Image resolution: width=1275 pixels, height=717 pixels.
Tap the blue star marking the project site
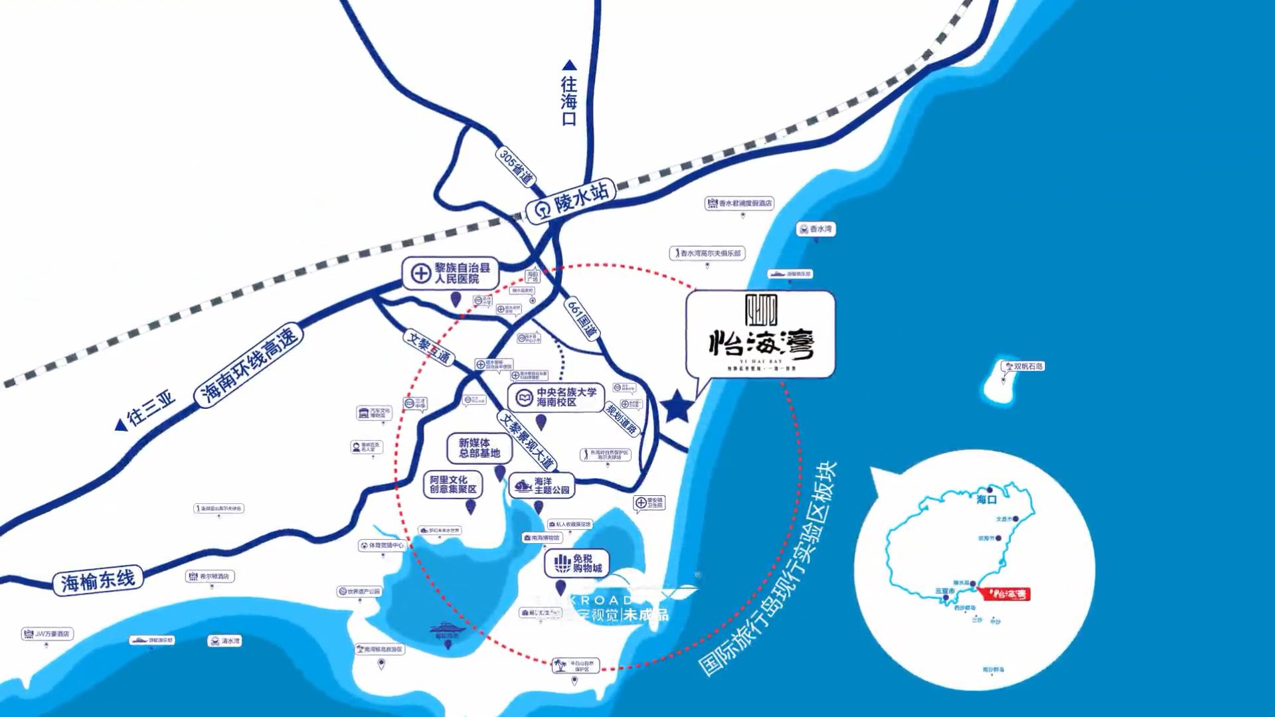point(677,406)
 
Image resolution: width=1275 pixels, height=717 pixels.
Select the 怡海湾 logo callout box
point(760,334)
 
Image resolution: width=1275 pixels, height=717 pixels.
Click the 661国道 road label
point(582,318)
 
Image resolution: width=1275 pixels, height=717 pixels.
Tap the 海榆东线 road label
point(98,581)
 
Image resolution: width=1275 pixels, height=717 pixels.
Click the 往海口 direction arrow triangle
point(569,65)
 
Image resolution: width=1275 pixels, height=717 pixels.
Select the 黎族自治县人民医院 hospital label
point(451,273)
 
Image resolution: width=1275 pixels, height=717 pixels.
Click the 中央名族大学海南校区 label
point(556,397)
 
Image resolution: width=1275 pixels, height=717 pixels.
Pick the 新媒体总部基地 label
point(479,448)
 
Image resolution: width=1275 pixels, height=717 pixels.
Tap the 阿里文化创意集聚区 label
point(453,484)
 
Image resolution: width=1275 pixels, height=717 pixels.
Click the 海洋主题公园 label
point(542,486)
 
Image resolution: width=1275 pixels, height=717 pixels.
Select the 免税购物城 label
point(577,564)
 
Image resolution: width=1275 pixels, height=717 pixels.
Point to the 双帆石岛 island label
point(1023,366)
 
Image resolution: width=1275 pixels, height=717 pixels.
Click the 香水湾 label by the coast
point(815,229)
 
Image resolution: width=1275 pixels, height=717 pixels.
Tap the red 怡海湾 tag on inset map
point(1006,594)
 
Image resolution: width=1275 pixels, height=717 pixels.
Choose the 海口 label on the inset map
point(987,499)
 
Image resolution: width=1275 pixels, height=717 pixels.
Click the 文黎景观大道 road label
point(527,440)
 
